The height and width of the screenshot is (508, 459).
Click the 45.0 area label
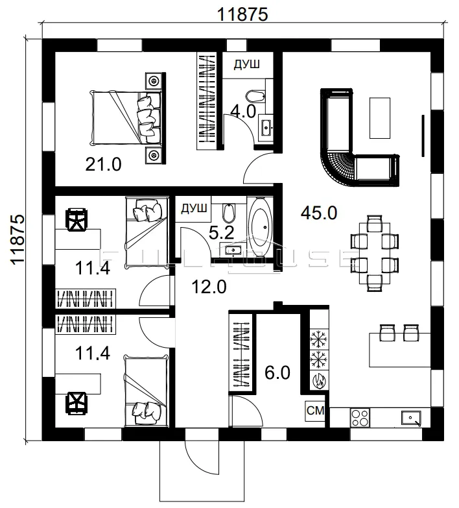[x=319, y=213]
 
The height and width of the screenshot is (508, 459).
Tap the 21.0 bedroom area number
[x=103, y=164]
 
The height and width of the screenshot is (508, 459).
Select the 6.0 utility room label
[x=277, y=372]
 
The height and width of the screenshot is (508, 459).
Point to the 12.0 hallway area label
[x=209, y=287]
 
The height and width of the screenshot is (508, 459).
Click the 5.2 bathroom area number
[x=222, y=233]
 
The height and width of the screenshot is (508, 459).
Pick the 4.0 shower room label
[x=243, y=112]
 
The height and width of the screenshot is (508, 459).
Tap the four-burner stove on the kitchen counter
[x=360, y=418]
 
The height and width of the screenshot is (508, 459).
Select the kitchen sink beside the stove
[x=411, y=418]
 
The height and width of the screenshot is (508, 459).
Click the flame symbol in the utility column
[x=319, y=380]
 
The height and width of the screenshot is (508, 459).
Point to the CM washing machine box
[x=315, y=411]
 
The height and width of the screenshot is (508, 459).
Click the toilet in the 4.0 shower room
[x=255, y=96]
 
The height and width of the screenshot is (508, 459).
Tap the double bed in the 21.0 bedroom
[x=126, y=117]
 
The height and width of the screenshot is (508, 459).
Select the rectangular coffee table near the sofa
[x=380, y=118]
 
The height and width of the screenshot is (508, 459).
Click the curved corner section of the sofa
[x=338, y=169]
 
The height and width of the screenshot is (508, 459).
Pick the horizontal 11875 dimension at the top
[x=242, y=14]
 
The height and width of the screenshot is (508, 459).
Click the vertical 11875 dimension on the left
[x=18, y=239]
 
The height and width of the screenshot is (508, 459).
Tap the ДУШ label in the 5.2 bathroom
[x=194, y=208]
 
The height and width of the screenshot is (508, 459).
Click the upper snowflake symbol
[x=319, y=339]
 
